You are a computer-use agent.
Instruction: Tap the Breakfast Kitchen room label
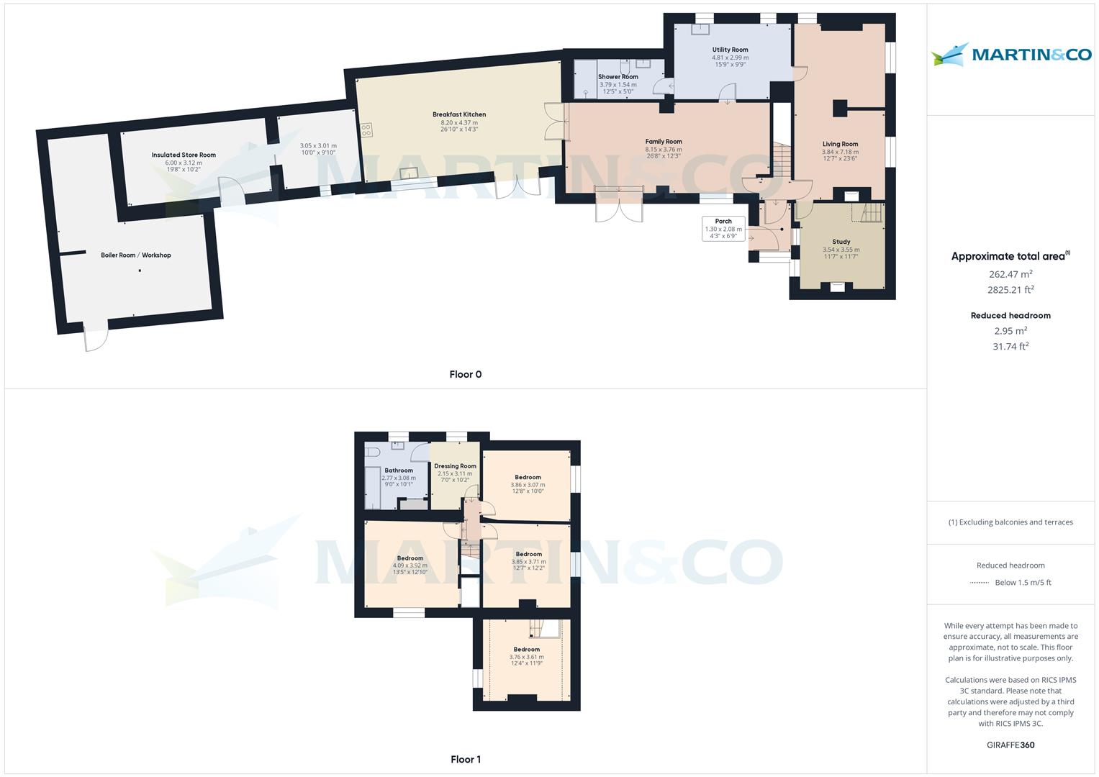[x=458, y=114]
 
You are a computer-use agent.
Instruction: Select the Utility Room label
[x=730, y=50]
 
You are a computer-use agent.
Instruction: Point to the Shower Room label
[x=618, y=77]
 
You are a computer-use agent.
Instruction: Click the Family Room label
[x=663, y=142]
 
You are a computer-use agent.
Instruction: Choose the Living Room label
[x=840, y=144]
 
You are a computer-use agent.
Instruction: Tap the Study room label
[x=841, y=242]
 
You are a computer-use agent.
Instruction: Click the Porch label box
[x=723, y=228]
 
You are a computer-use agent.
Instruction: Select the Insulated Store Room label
[x=184, y=155]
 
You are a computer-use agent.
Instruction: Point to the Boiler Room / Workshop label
[x=136, y=255]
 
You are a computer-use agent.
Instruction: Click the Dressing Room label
[x=455, y=466]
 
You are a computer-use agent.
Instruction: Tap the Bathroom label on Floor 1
[x=398, y=471]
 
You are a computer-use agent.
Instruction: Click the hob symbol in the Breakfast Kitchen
[x=366, y=130]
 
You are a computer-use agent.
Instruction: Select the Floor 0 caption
[x=465, y=374]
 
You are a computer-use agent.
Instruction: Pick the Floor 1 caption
[x=465, y=759]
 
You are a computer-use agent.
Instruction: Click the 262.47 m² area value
[x=1010, y=274]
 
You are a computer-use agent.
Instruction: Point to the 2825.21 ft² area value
[x=1010, y=290]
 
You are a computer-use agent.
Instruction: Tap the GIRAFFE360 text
[x=1010, y=745]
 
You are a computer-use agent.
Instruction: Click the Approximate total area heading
[x=1009, y=256]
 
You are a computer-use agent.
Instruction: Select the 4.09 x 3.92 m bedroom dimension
[x=410, y=565]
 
